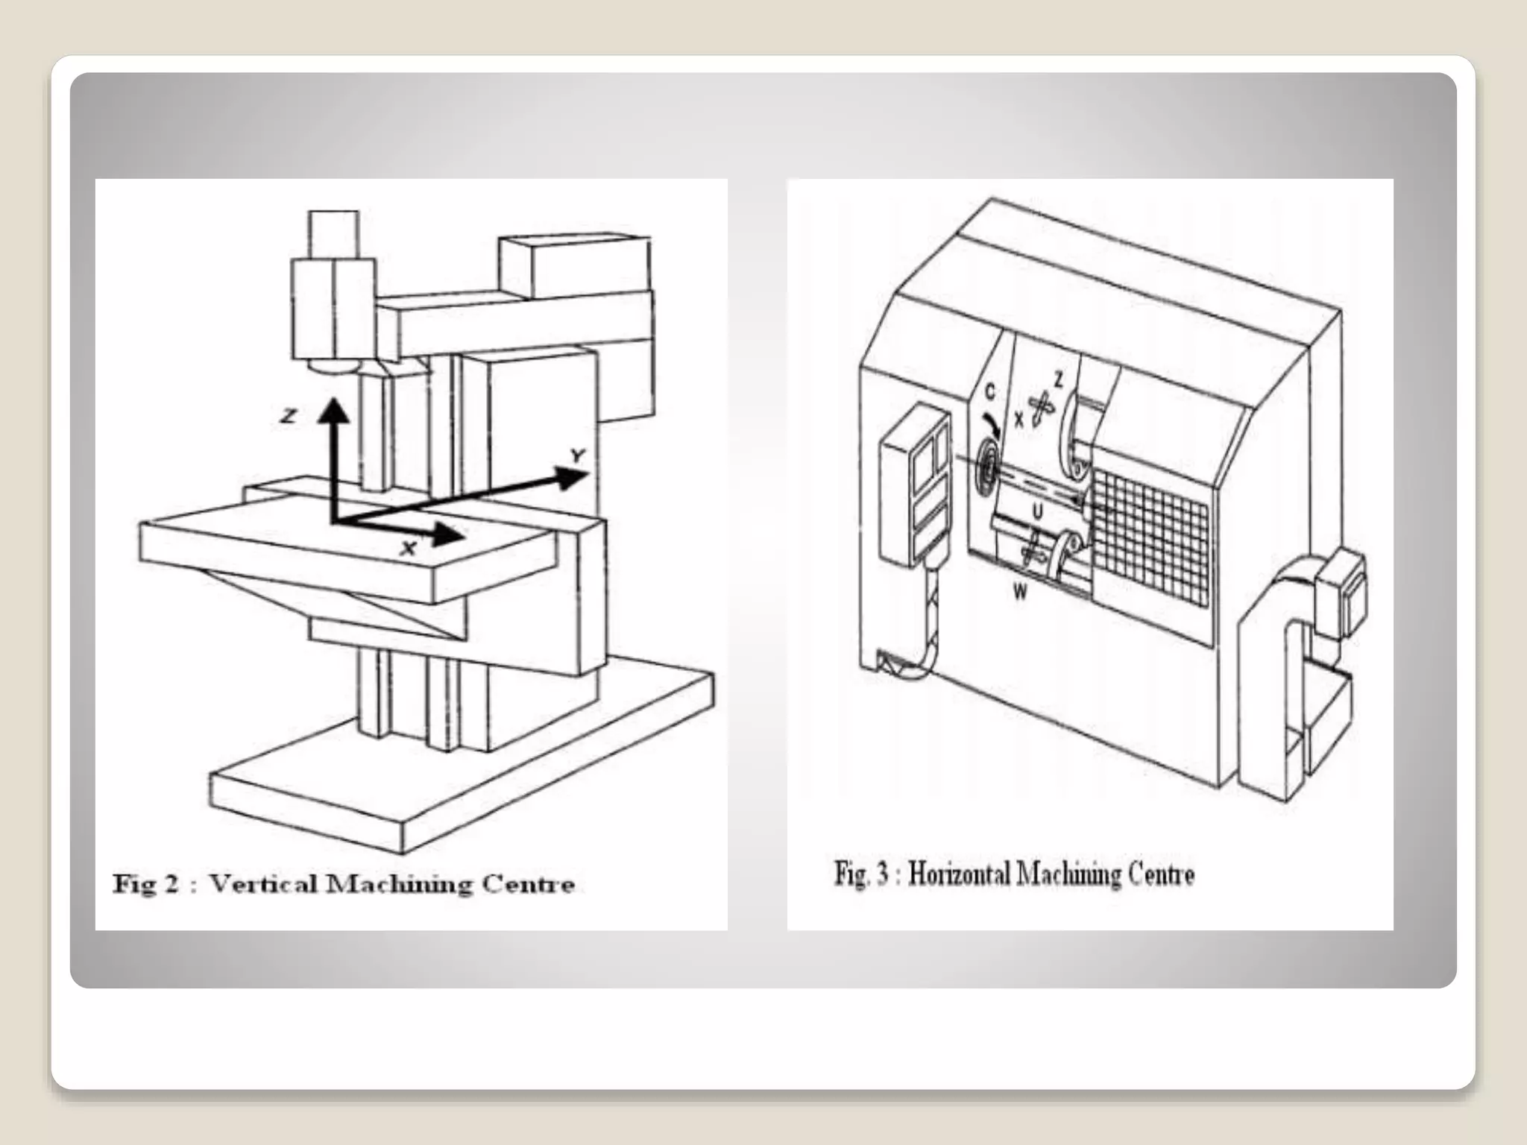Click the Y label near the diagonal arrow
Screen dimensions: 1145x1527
577,455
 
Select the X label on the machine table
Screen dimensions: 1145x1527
408,549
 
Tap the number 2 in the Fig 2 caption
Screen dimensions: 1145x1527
170,884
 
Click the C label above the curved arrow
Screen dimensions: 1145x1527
989,391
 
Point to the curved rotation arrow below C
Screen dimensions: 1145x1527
993,421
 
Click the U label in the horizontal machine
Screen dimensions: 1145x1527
1037,511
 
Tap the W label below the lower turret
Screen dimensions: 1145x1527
1020,593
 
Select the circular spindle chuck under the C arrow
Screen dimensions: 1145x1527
986,470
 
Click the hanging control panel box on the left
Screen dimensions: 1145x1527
914,485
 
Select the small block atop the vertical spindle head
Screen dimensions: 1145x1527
333,234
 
